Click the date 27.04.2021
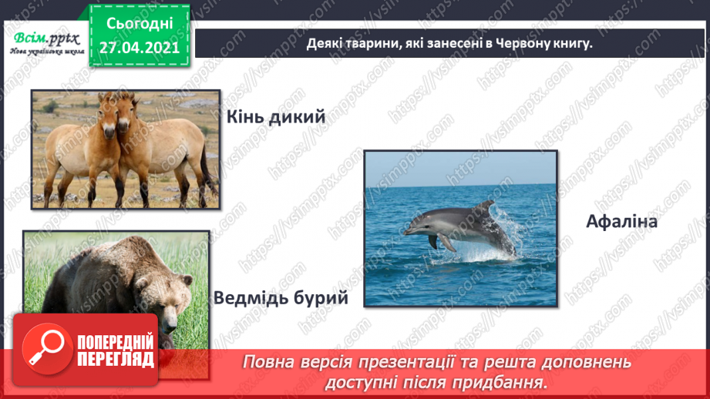click(139, 46)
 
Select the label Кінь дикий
click(276, 117)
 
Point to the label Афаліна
click(621, 222)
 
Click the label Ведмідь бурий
click(281, 297)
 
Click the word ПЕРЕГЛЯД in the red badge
click(116, 360)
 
